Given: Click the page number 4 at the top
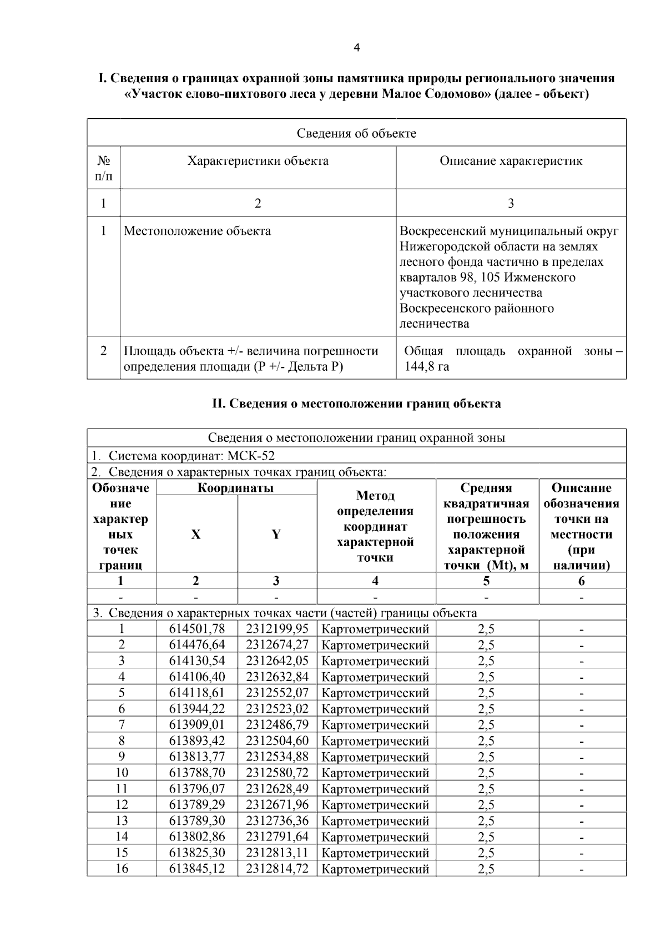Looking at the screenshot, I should click(x=356, y=48).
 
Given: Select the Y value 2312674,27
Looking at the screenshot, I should click(x=277, y=644).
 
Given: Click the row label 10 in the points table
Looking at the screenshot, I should click(x=121, y=772).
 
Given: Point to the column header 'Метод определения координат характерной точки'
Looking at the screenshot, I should click(x=376, y=526).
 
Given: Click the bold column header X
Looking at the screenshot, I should click(x=196, y=534).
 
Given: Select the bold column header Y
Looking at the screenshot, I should click(x=276, y=534).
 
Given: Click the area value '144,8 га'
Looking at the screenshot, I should click(x=427, y=366).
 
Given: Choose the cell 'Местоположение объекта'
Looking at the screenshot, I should click(x=197, y=231).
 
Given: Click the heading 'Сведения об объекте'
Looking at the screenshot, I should click(x=356, y=133).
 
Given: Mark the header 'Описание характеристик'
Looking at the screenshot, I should click(x=511, y=161).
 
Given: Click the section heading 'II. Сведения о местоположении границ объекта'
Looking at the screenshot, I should click(x=356, y=404).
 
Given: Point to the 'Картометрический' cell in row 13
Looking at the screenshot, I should click(x=375, y=820).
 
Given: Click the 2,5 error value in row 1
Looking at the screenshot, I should click(x=486, y=628).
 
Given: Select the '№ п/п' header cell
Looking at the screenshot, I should click(x=103, y=169).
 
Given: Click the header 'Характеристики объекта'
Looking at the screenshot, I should click(x=258, y=161).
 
